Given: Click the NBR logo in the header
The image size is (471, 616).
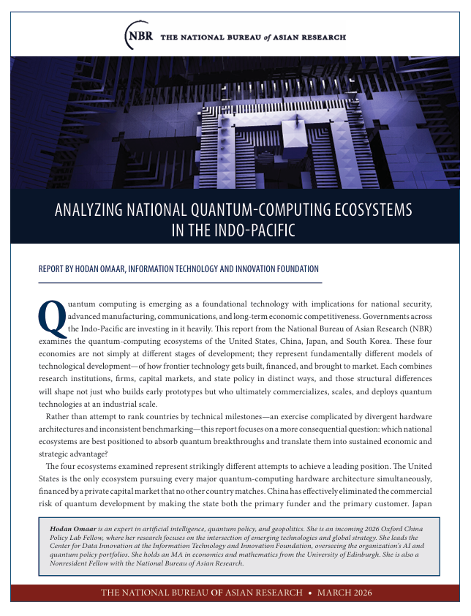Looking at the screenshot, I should click(x=139, y=35).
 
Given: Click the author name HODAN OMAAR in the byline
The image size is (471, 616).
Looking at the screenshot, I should click(x=94, y=269).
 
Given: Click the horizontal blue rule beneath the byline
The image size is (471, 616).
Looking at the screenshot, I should click(x=180, y=282).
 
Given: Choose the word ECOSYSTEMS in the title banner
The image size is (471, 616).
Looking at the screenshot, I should click(x=374, y=211).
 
